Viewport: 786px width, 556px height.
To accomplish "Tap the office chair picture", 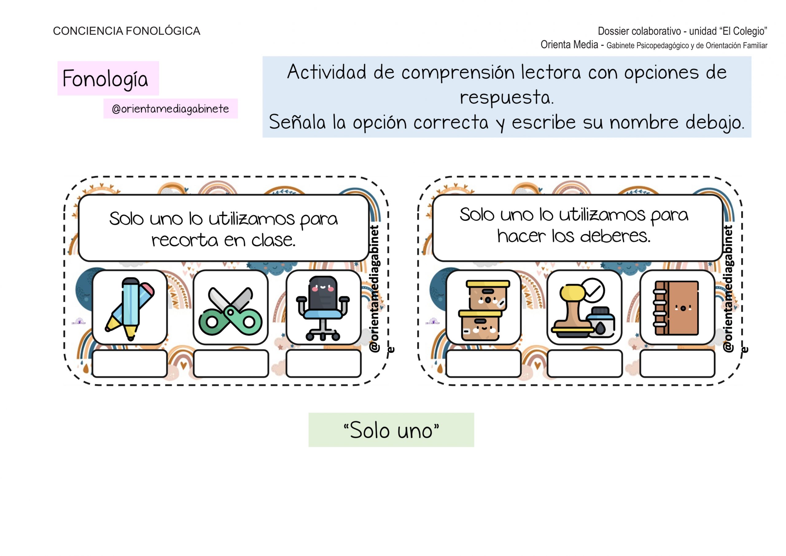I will [x=324, y=307].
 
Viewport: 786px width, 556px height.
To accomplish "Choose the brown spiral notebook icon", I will [x=677, y=307].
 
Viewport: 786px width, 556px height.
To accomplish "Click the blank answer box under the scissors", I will [x=230, y=363].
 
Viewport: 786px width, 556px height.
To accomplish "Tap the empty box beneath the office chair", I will [x=324, y=363].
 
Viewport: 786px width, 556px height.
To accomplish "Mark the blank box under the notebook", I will [x=677, y=363].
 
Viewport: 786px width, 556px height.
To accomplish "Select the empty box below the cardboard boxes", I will [x=483, y=363].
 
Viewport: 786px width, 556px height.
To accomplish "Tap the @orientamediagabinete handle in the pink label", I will [x=170, y=109].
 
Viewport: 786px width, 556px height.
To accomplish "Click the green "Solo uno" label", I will [x=391, y=430].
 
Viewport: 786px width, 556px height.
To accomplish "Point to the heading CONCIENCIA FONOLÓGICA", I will [x=126, y=31].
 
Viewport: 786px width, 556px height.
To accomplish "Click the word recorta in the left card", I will [x=185, y=240].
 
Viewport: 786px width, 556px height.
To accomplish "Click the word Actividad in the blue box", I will [x=327, y=72].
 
